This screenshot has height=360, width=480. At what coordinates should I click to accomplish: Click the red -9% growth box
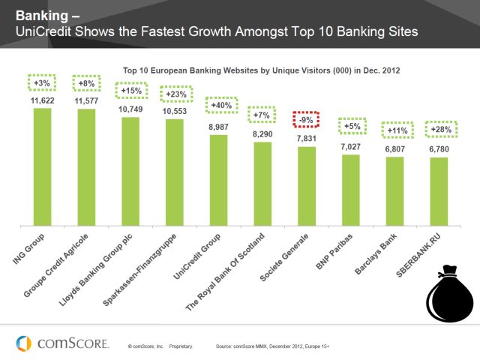(305, 119)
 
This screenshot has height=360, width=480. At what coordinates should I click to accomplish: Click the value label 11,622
(43, 100)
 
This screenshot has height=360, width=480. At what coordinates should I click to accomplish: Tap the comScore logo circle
(23, 343)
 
